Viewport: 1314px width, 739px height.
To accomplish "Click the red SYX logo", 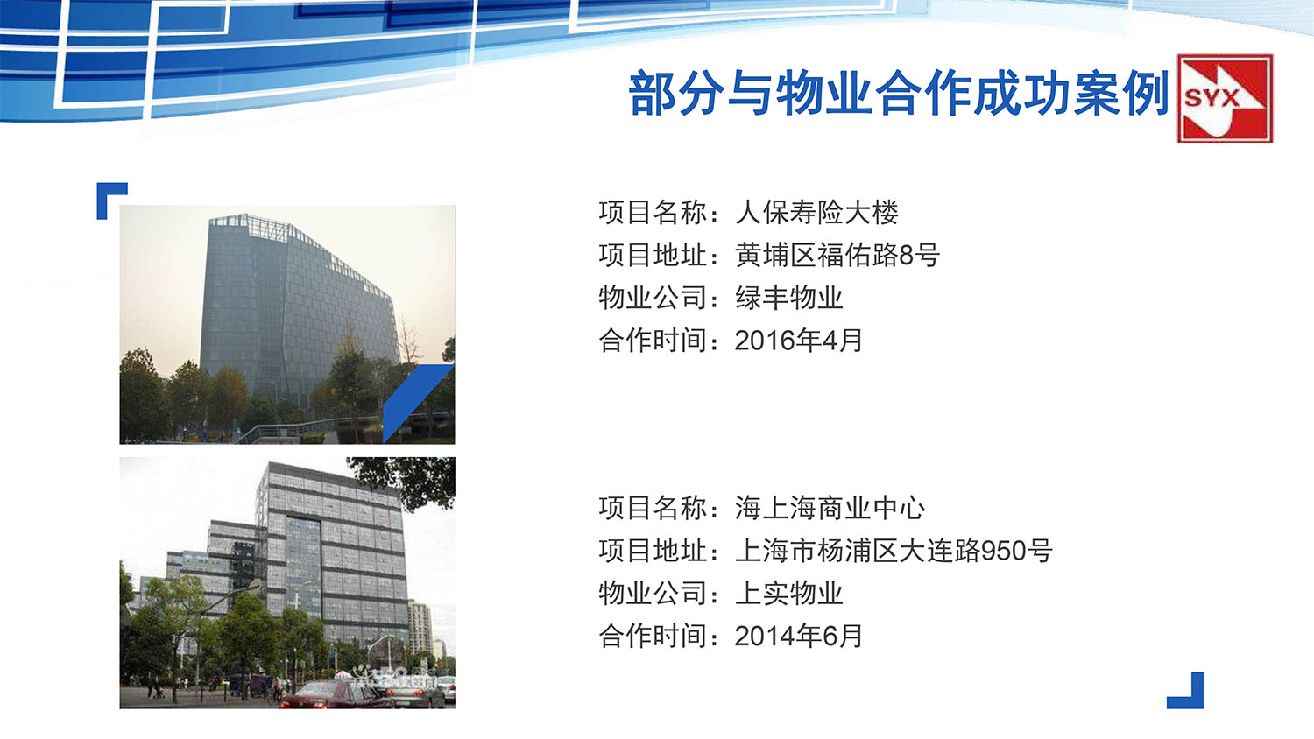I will [1224, 98].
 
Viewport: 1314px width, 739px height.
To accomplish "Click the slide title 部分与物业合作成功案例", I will [898, 94].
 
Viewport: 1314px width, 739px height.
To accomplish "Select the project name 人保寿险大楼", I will [816, 213].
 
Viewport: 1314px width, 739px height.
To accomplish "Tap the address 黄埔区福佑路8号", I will [837, 256].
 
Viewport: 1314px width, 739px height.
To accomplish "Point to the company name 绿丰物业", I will [788, 298].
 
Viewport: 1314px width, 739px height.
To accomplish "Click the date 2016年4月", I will [798, 341].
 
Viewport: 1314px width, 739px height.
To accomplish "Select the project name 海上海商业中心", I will [830, 508].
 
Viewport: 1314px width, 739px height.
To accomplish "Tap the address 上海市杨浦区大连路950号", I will [893, 551].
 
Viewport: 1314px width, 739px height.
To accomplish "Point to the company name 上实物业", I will [788, 594].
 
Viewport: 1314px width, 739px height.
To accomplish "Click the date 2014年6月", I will [798, 637].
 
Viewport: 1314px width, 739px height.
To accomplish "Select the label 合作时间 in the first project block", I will [653, 341].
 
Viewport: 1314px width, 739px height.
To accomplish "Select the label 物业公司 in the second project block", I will [653, 594].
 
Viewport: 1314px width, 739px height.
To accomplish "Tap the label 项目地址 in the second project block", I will [653, 551].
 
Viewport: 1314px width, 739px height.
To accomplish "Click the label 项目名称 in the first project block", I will [653, 213].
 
